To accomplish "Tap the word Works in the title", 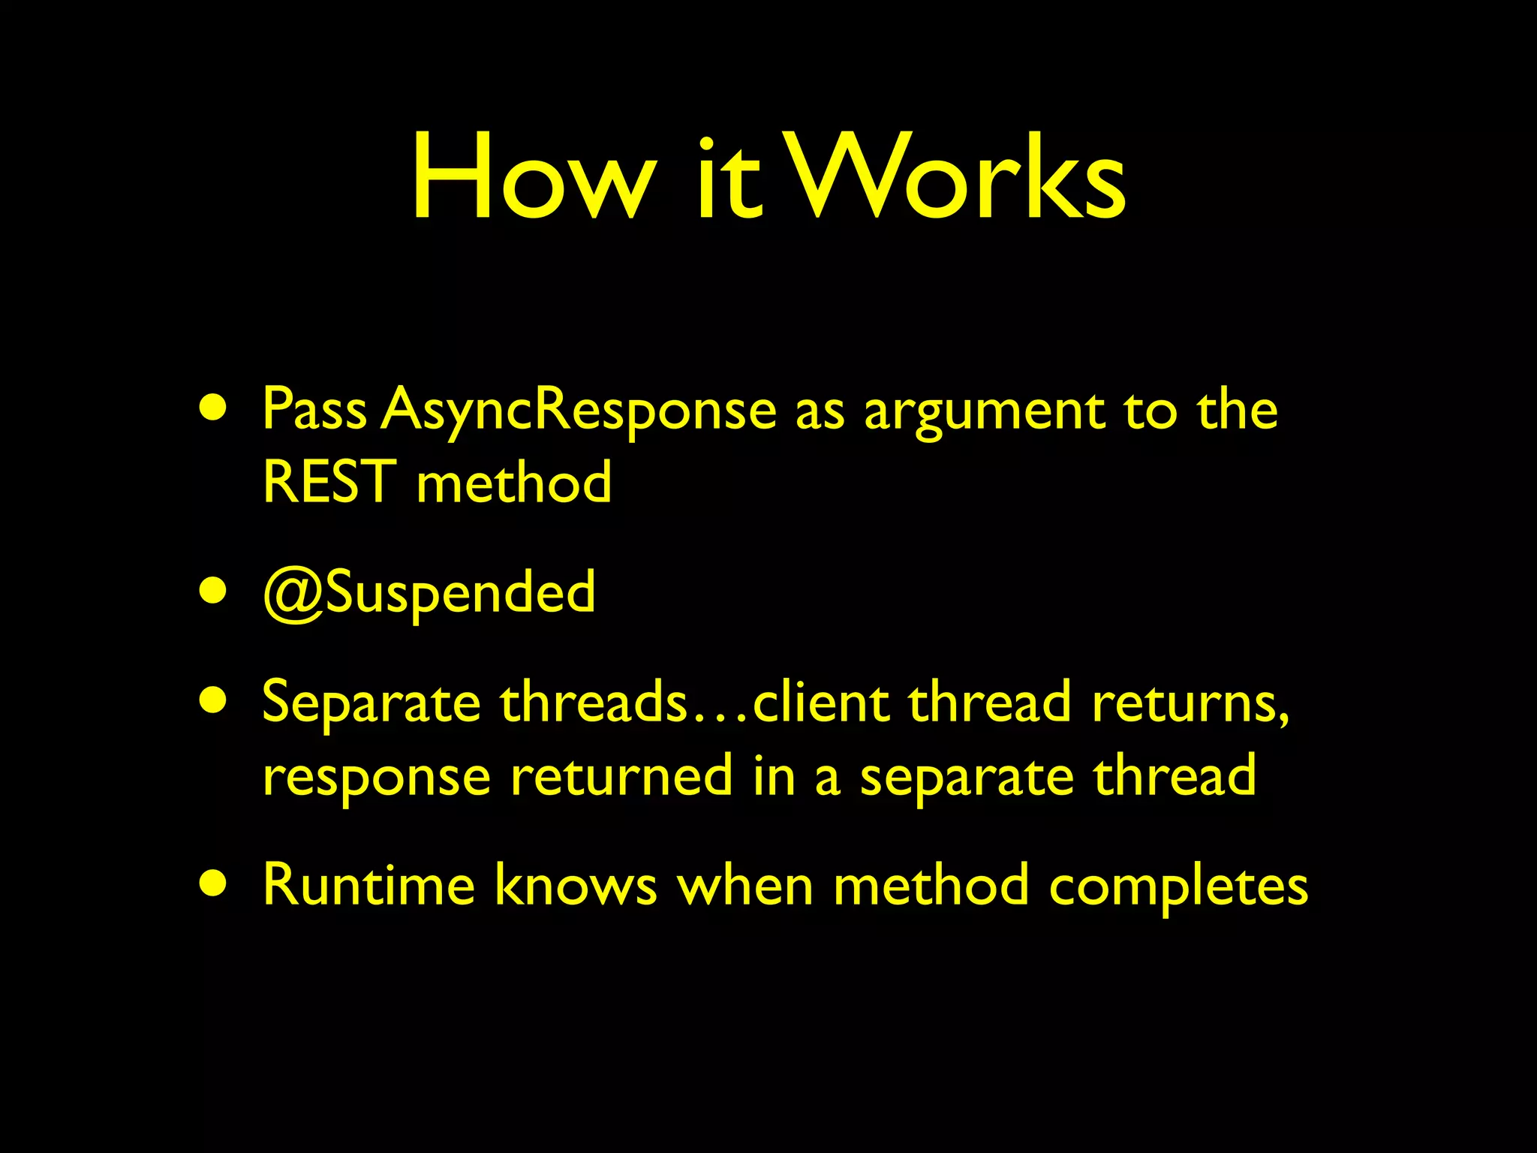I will pos(956,177).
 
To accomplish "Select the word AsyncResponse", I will pos(579,411).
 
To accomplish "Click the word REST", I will pos(329,482).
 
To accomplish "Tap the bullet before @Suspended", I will pos(213,592).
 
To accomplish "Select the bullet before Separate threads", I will pos(213,702).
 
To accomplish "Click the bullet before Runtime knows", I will pos(213,884).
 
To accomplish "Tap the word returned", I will pos(621,776).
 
